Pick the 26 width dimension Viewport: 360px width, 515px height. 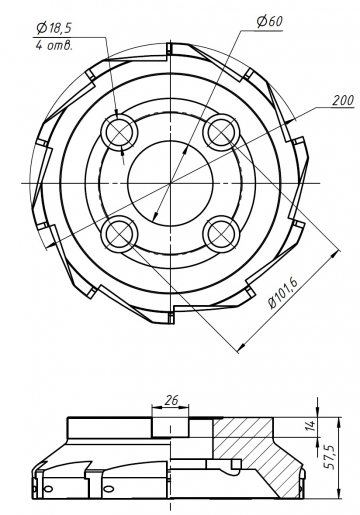click(171, 399)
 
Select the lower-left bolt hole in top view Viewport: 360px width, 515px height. click(121, 232)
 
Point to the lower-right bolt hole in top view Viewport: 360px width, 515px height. click(219, 232)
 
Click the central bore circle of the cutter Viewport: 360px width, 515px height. click(170, 181)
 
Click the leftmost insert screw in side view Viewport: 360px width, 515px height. click(47, 490)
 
